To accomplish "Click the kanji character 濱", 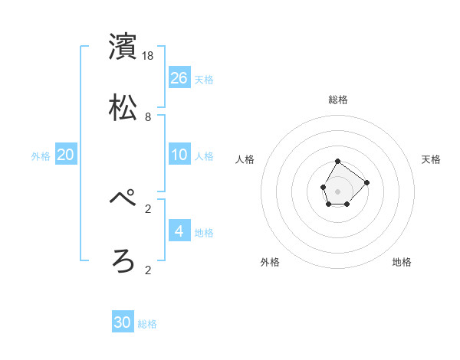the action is coord(123,47).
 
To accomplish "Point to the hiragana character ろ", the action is coord(123,260).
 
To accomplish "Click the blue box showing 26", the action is coord(179,77).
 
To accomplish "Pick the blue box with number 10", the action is coord(179,155).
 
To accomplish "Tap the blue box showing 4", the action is coord(179,231).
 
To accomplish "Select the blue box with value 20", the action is coord(66,155).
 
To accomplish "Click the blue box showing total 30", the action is coord(123,322).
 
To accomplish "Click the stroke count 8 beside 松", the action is coord(148,117).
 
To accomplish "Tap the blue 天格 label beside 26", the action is coord(204,79).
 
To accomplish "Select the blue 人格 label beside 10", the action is coord(204,155).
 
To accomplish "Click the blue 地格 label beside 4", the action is coord(204,232).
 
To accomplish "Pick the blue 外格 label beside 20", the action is coord(41,155).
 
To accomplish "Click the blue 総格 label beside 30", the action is coord(147,324).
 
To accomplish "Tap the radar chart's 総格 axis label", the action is coord(338,100).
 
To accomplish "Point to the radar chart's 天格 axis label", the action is coord(432,159).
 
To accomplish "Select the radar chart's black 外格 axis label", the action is coord(270,262).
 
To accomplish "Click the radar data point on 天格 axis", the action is coord(367,182).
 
